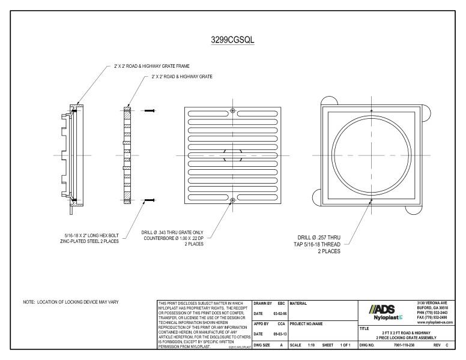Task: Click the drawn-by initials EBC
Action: tap(280, 304)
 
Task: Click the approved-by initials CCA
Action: tap(280, 325)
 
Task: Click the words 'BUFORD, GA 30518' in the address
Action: tap(430, 309)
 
